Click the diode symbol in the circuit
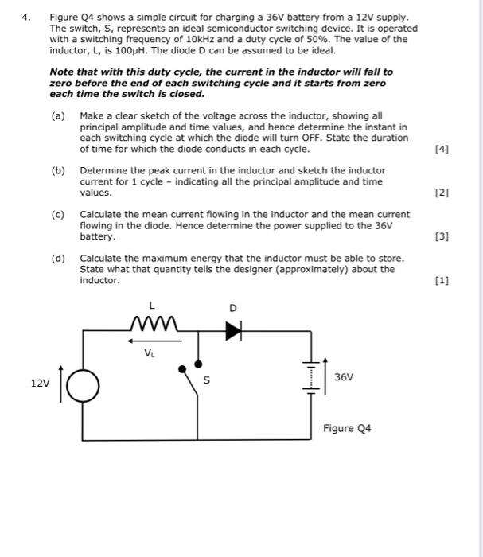click(232, 333)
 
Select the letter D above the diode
click(232, 308)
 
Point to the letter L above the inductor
click(151, 305)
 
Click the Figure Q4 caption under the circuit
click(347, 428)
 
